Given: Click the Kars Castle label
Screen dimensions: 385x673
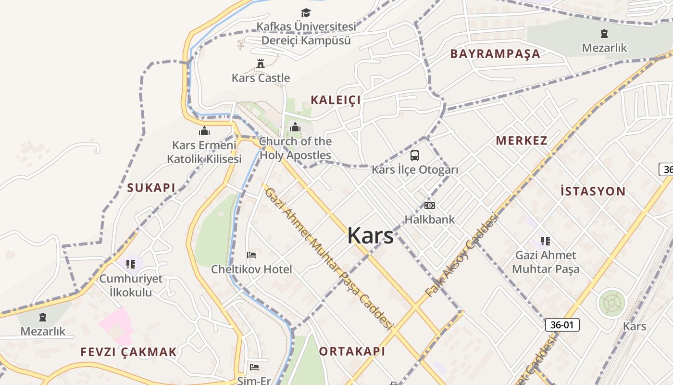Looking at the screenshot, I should [261, 78].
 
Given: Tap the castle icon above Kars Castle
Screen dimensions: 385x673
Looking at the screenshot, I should [261, 64].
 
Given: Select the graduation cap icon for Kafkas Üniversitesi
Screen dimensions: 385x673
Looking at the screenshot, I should [306, 13].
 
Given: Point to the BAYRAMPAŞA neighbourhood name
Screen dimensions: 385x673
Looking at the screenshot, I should [495, 54].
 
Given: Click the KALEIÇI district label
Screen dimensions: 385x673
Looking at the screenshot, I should [336, 100].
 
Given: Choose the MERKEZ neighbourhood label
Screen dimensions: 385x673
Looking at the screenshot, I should [522, 141].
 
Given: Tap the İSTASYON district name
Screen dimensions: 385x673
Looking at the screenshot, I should [593, 192].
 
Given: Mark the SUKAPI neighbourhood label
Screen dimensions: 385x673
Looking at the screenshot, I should [151, 188].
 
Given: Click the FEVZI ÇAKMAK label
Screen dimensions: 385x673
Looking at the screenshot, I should [129, 352].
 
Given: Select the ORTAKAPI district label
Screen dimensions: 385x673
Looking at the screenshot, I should [352, 351].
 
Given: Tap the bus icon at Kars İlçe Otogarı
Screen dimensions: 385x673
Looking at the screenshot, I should [415, 155].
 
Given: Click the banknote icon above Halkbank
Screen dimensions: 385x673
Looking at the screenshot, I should [429, 205].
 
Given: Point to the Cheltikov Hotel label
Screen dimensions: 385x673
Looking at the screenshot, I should [251, 269].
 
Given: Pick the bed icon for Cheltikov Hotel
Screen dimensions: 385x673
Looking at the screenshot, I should [251, 255].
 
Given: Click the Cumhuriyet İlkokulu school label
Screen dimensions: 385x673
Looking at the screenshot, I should [131, 285].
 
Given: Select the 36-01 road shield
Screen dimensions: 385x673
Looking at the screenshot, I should [562, 325].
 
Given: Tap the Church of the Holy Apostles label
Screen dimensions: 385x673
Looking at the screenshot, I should [295, 148].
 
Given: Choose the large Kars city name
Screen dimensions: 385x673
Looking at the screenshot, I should [370, 236].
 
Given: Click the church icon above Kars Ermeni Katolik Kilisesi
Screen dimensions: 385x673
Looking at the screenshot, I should [204, 131].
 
